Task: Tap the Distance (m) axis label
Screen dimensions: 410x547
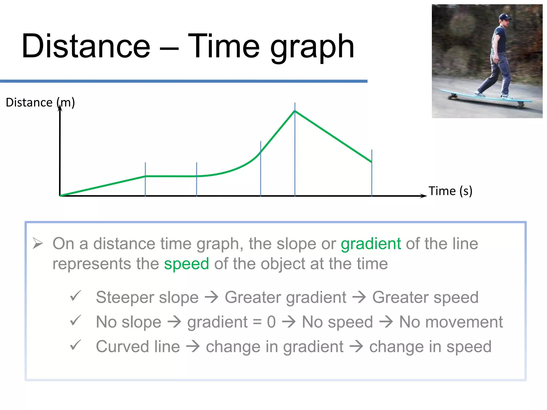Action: (x=40, y=102)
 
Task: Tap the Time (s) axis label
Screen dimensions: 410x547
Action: (x=450, y=191)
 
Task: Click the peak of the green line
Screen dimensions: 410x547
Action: (x=295, y=111)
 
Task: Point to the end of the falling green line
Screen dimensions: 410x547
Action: (x=371, y=162)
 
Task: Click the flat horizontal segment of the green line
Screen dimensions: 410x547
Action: (x=171, y=176)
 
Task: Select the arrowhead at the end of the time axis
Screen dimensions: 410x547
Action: (x=424, y=196)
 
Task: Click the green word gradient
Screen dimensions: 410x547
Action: (x=371, y=244)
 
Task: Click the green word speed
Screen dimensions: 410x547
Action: (x=186, y=264)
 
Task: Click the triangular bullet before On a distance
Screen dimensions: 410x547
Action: (x=38, y=243)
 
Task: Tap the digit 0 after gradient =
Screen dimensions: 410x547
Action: (x=271, y=322)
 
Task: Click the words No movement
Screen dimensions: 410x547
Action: (x=451, y=322)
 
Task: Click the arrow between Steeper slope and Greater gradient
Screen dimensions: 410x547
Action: (x=212, y=297)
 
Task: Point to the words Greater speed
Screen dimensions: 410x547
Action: (x=425, y=297)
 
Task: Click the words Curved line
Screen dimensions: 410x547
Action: (x=138, y=347)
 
